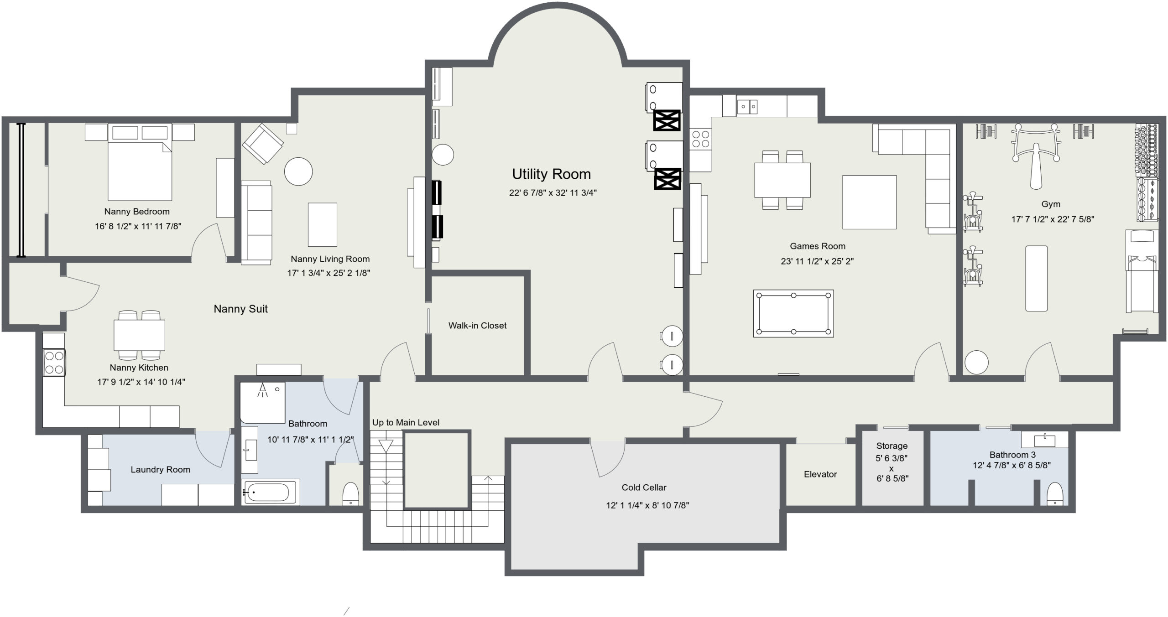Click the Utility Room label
click(551, 174)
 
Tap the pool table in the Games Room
click(793, 313)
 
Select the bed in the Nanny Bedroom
click(140, 162)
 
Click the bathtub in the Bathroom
click(270, 492)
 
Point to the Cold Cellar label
click(644, 487)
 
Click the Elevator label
click(820, 474)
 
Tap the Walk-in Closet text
click(477, 326)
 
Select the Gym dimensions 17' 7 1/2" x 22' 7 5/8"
click(1053, 219)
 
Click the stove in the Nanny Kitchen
click(54, 362)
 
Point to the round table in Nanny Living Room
click(298, 171)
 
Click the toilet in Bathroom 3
click(1055, 494)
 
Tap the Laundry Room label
click(160, 470)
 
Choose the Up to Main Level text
click(406, 423)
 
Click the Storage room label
click(892, 446)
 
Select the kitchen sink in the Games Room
click(747, 107)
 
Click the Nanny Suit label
click(240, 309)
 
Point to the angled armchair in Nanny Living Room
click(263, 144)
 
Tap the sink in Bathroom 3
click(1044, 441)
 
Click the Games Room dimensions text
click(817, 261)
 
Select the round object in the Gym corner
click(976, 363)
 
